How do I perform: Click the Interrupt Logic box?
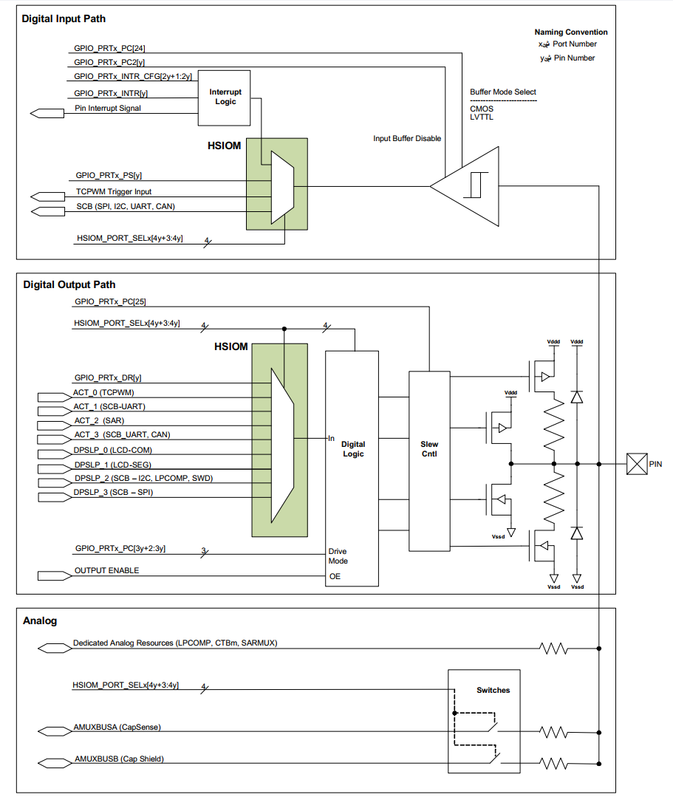[224, 98]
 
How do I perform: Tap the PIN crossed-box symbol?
[637, 464]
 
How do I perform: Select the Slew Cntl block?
[429, 449]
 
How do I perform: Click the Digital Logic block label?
[353, 449]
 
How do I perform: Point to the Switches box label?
[493, 690]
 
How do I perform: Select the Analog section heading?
[40, 620]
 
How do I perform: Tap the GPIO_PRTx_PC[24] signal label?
[115, 49]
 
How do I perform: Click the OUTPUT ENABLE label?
[106, 570]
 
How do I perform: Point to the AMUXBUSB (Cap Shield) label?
[118, 759]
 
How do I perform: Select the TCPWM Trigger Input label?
[113, 191]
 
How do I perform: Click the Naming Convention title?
[571, 32]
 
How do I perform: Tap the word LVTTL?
[482, 117]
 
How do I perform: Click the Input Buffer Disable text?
[407, 138]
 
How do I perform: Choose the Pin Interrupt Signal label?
[108, 109]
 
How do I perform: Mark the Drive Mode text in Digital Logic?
[338, 556]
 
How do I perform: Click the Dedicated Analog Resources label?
[175, 643]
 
